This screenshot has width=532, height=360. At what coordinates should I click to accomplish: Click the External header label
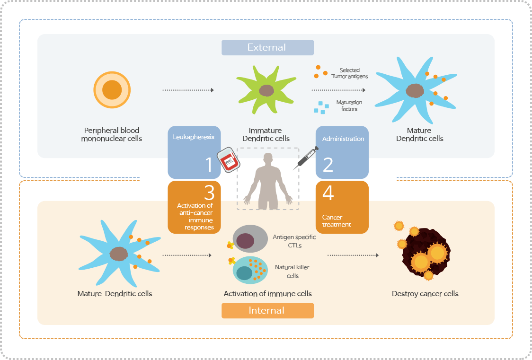267,47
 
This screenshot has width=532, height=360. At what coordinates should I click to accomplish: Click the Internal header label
267,310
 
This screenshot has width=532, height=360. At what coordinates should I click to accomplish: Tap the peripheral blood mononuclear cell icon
112,89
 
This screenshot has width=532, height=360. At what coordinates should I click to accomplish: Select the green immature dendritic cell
266,90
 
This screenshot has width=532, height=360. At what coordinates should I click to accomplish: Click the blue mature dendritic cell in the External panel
416,90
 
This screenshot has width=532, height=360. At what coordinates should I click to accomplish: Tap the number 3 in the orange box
209,193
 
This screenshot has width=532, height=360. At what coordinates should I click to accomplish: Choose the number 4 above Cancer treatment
328,193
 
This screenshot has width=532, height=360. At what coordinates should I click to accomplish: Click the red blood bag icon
228,161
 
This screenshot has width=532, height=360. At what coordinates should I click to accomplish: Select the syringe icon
305,158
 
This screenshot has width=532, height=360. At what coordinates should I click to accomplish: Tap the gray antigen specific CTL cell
250,239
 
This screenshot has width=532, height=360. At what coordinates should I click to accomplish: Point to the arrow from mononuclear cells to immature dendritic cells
188,90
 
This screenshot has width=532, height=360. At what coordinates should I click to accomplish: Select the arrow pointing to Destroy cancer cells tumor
353,255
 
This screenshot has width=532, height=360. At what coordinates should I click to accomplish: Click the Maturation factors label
349,105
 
